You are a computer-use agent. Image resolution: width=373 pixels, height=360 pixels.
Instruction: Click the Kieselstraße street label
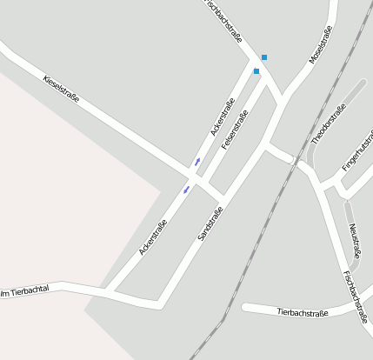point(61,89)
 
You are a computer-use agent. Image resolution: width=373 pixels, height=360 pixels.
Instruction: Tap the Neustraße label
point(355,242)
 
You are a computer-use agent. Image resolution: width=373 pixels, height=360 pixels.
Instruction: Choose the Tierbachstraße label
point(303,312)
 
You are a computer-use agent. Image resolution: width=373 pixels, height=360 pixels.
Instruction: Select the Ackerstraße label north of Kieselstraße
point(223,117)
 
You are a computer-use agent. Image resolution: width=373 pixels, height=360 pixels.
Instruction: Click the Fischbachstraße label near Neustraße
point(356,296)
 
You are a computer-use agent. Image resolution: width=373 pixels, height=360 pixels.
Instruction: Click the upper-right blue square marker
point(264,57)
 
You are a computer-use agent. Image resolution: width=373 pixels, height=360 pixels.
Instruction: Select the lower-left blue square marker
point(256,71)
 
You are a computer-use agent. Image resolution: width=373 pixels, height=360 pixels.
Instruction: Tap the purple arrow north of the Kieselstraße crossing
point(197,161)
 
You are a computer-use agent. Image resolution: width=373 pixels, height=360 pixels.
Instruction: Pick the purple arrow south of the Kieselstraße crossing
point(186,189)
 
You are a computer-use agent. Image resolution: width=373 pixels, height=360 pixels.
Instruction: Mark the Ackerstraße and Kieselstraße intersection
point(193,175)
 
